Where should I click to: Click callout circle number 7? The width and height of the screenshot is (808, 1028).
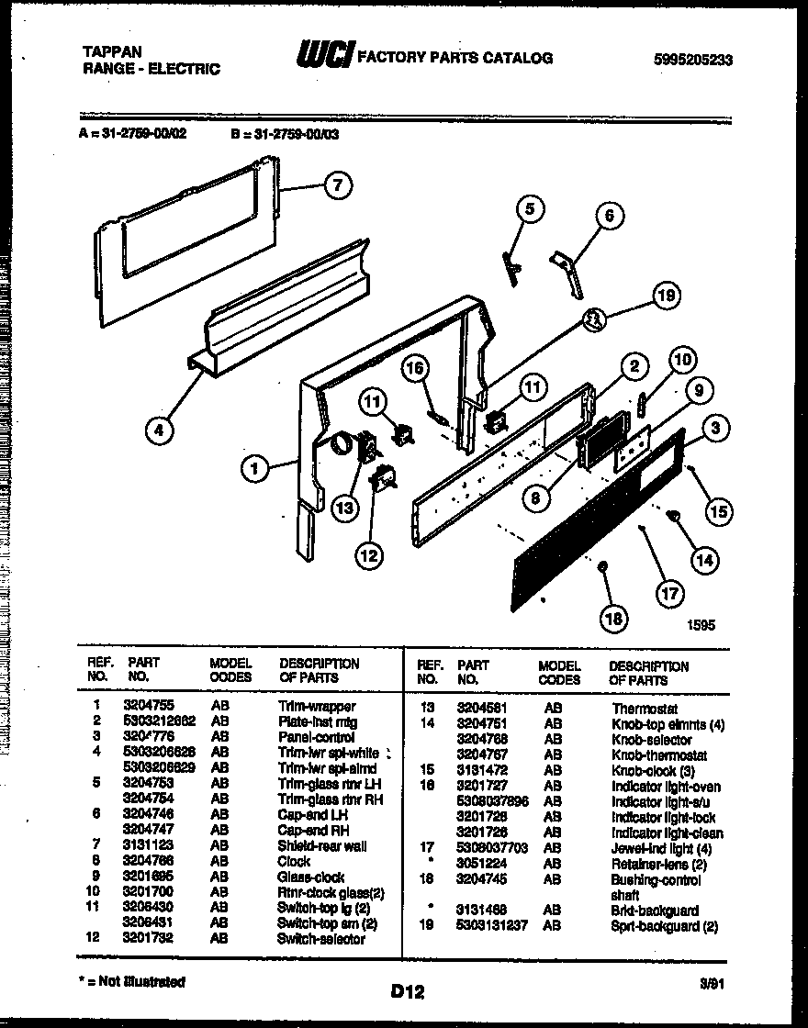(337, 185)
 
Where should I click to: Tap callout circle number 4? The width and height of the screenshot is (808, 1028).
(160, 431)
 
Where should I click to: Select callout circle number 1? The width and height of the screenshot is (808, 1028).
(255, 469)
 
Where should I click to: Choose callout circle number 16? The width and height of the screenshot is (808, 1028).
(416, 368)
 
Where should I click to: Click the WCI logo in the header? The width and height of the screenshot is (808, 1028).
(323, 57)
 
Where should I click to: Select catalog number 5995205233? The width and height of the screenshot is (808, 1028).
(693, 60)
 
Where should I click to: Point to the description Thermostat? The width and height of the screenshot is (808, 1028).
(645, 709)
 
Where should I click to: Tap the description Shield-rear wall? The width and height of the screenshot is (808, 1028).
(321, 845)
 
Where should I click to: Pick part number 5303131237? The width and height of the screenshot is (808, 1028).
(492, 926)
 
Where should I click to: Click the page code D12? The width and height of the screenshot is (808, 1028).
(406, 990)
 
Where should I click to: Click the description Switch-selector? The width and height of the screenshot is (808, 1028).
(320, 939)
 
